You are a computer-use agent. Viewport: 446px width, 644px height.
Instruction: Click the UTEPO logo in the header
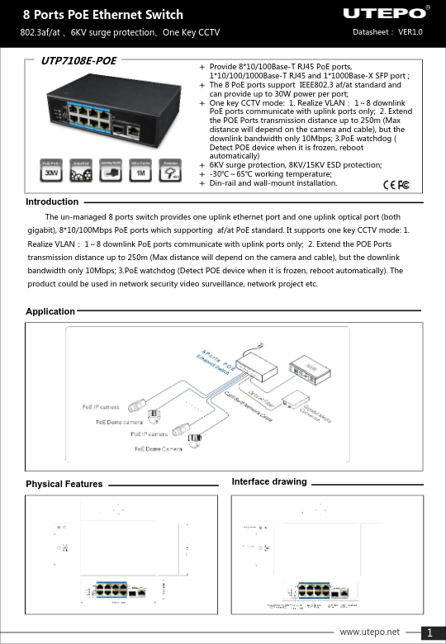385,14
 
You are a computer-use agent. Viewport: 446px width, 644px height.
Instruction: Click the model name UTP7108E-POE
78,61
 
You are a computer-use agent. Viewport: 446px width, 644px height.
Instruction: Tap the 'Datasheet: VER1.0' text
387,32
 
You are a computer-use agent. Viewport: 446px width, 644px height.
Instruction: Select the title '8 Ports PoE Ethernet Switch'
102,15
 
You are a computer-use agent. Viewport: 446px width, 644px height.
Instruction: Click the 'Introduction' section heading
52,201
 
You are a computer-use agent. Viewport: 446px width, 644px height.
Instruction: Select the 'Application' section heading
50,311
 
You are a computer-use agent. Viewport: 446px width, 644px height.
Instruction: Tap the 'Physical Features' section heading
64,484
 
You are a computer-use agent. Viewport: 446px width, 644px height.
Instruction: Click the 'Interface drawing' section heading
269,481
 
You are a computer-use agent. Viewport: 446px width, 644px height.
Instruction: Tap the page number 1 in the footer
430,633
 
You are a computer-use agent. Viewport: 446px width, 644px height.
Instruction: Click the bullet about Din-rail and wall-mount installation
273,183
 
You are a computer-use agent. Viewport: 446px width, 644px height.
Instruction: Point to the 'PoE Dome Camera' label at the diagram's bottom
159,448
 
